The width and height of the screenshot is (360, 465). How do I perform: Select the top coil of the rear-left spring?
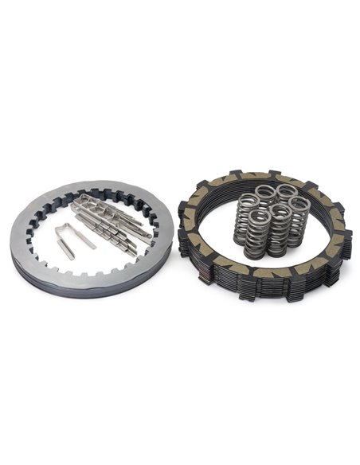click(265, 191)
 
